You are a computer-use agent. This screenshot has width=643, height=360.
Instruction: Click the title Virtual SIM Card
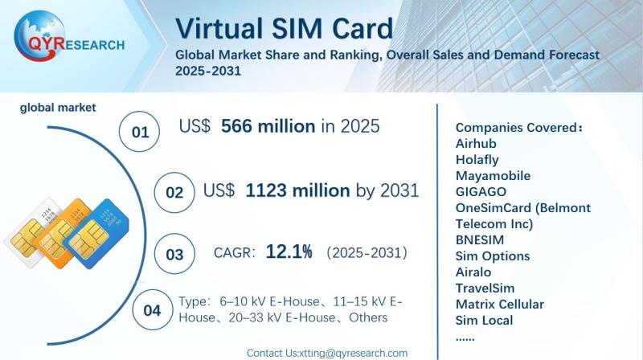pyautogui.click(x=285, y=28)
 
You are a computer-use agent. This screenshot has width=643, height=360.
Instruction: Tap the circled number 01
pyautogui.click(x=139, y=132)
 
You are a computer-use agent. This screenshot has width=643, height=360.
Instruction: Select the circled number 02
pyautogui.click(x=174, y=192)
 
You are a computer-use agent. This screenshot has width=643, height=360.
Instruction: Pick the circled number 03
pyautogui.click(x=174, y=254)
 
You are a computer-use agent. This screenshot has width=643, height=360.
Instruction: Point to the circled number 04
pyautogui.click(x=152, y=310)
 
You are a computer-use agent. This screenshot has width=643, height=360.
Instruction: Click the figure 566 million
pyautogui.click(x=268, y=126)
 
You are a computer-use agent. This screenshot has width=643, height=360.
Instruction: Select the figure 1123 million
pyautogui.click(x=297, y=190)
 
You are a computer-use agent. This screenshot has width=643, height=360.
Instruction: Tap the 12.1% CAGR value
pyautogui.click(x=289, y=252)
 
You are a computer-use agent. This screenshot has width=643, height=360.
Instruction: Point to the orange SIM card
pyautogui.click(x=66, y=231)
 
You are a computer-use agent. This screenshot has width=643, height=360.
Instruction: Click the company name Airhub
pyautogui.click(x=476, y=144)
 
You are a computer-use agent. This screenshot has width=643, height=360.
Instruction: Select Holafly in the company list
pyautogui.click(x=477, y=159)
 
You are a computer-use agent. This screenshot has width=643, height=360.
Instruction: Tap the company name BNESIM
pyautogui.click(x=479, y=239)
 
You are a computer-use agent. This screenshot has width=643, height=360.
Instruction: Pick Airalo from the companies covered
pyautogui.click(x=473, y=272)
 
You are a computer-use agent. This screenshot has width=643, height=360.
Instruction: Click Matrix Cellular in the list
pyautogui.click(x=499, y=305)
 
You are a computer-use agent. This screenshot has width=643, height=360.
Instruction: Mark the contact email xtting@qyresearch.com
pyautogui.click(x=354, y=353)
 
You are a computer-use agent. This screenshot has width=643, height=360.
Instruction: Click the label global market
pyautogui.click(x=58, y=108)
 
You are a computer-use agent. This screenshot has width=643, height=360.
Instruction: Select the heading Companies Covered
pyautogui.click(x=518, y=128)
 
